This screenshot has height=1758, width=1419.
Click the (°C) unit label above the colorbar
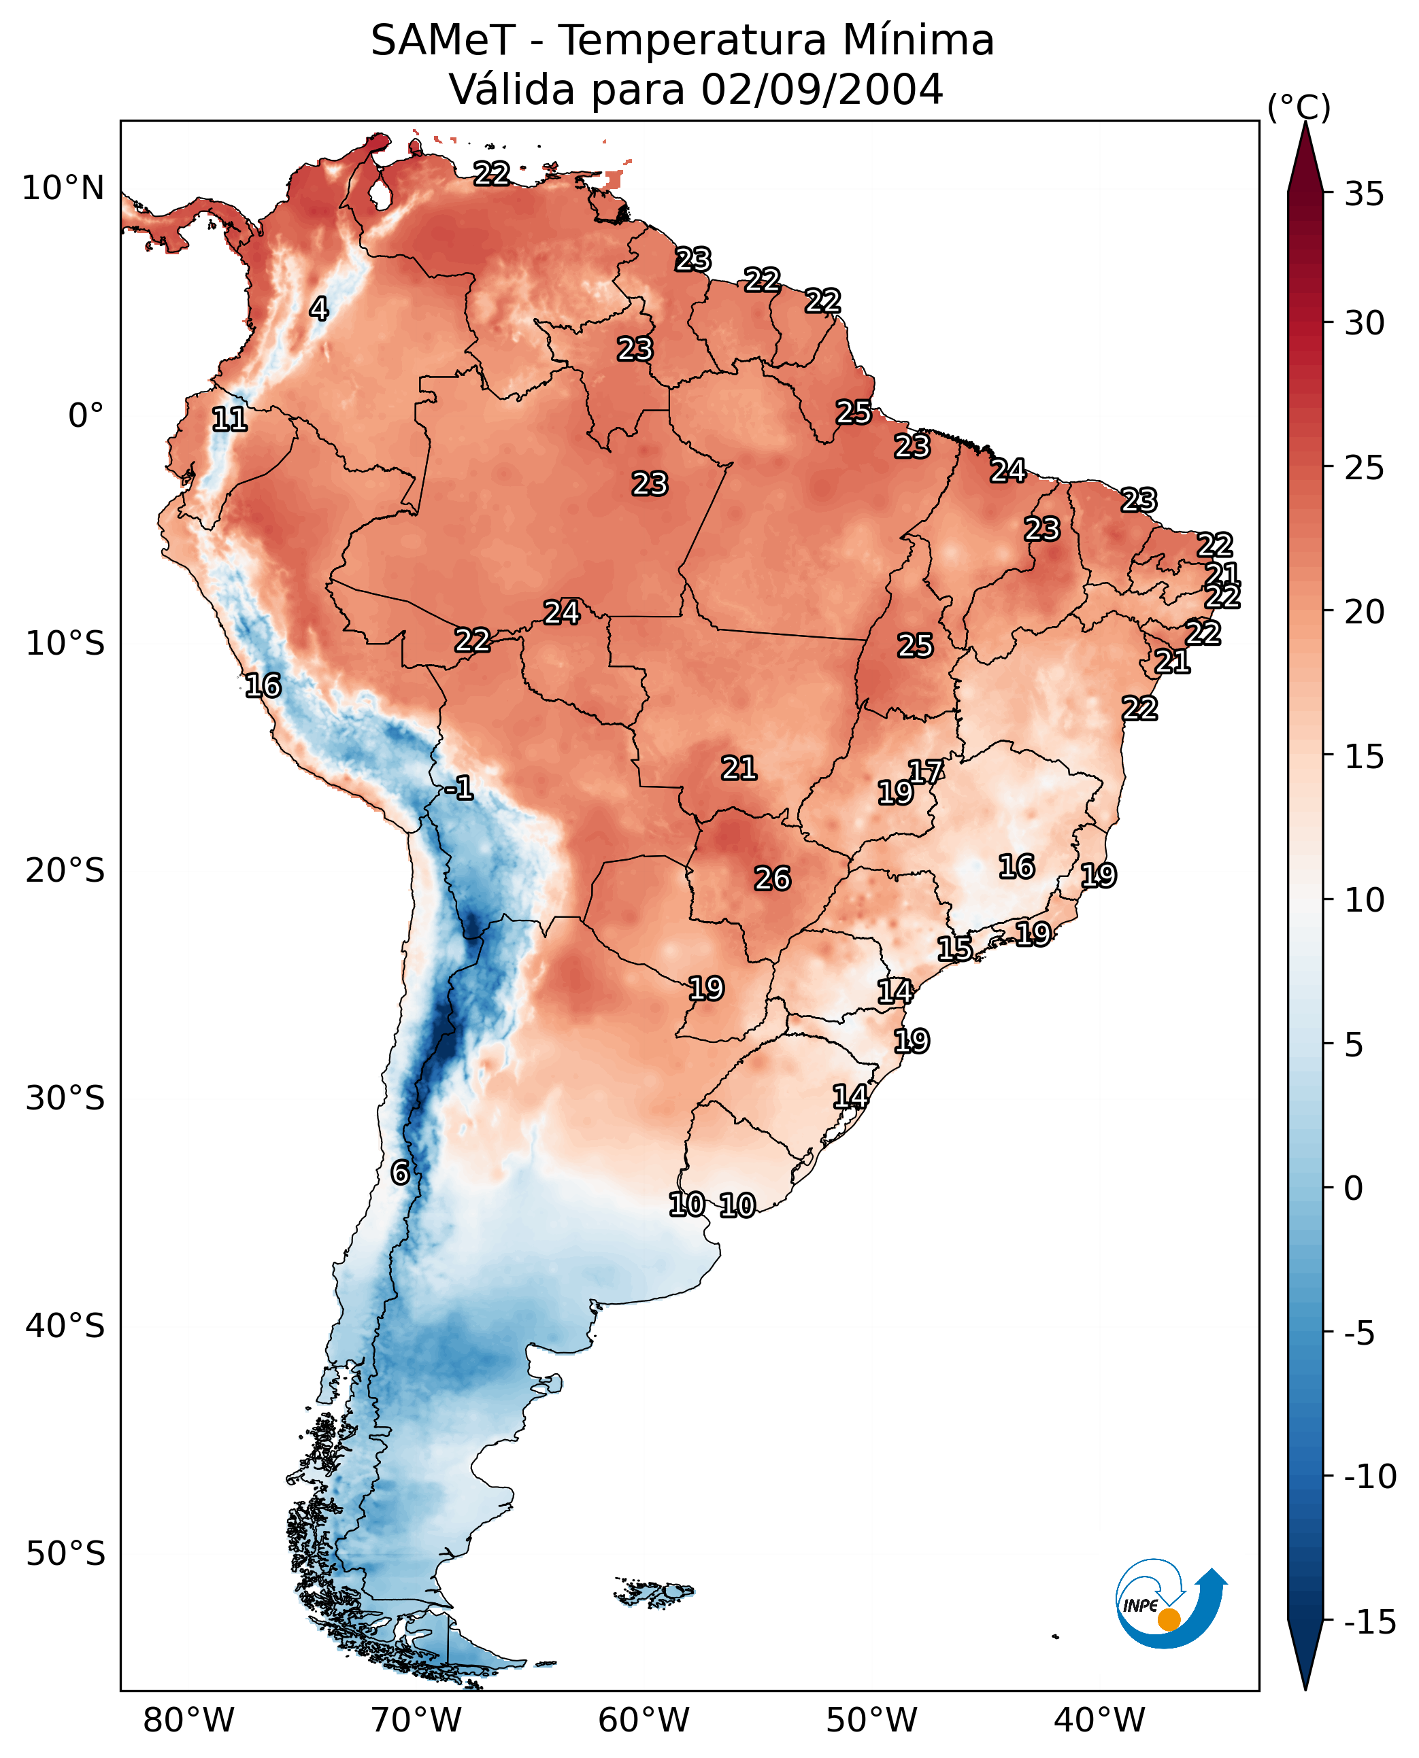tap(1299, 107)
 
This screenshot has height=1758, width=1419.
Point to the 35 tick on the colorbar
tap(1364, 194)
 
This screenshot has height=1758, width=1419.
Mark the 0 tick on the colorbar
tap(1354, 1188)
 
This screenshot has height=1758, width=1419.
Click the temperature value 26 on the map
tap(771, 878)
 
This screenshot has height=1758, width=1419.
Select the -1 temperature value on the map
tap(458, 787)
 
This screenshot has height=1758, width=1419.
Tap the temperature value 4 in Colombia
tap(319, 309)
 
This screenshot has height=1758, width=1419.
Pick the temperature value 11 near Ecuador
tap(230, 419)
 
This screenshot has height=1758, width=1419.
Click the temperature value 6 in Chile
tap(400, 1172)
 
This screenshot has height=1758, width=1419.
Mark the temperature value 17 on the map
tap(925, 771)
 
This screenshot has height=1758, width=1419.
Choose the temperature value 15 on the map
tap(954, 948)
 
